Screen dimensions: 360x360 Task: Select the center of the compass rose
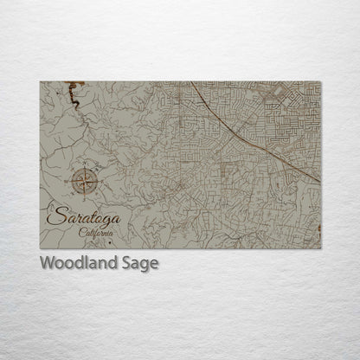point(85,181)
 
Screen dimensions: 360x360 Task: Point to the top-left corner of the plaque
point(41,82)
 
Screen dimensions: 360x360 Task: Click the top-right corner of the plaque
point(320,82)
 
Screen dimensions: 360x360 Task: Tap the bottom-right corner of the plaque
point(320,249)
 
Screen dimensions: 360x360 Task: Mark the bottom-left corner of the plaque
point(41,249)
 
